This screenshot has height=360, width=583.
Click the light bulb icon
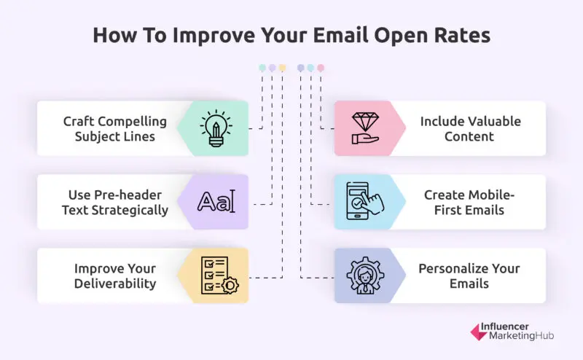point(216,128)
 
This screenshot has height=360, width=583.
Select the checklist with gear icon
point(216,275)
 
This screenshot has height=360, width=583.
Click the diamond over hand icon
point(367,128)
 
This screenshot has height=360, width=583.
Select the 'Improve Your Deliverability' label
point(115,275)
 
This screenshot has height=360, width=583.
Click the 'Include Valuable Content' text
point(470,128)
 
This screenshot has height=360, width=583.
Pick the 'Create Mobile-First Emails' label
point(470,203)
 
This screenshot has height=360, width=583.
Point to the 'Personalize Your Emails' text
point(469,275)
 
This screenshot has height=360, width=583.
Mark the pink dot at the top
point(321,68)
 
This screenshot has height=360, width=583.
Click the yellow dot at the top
point(282,68)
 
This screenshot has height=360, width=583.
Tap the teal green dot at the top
point(262,68)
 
